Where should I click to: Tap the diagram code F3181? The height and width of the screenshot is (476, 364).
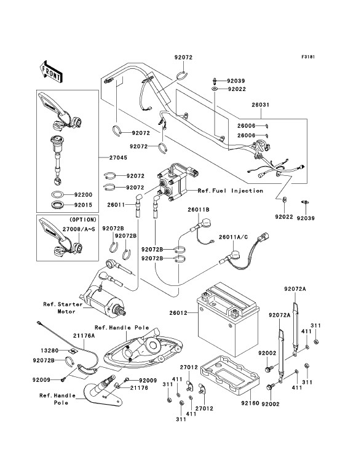coord(308,57)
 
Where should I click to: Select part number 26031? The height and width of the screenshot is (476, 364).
coord(261,105)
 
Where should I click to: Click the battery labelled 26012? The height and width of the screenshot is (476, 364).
coord(228,319)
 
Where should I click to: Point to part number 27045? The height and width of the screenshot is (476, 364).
coord(118,158)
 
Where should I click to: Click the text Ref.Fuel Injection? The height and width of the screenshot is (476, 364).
coord(231,191)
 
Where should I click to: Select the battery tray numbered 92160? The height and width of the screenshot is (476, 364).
coord(230,375)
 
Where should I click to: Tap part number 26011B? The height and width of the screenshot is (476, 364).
coord(198,210)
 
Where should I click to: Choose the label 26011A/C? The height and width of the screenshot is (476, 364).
coord(233,237)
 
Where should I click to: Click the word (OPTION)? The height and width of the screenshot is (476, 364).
coord(82,220)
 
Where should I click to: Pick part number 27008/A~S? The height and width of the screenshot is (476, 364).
coord(79,229)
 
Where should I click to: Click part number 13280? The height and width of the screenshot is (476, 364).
coord(49,351)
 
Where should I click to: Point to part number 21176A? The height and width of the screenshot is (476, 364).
coord(84,336)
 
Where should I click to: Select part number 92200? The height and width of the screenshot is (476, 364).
coord(83,195)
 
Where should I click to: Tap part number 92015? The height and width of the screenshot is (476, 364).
coord(83,205)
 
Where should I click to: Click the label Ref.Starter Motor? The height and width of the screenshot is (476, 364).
coord(63,308)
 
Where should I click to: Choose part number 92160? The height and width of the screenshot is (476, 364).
coord(250,403)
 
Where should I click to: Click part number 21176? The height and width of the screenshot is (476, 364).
coord(140,387)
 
